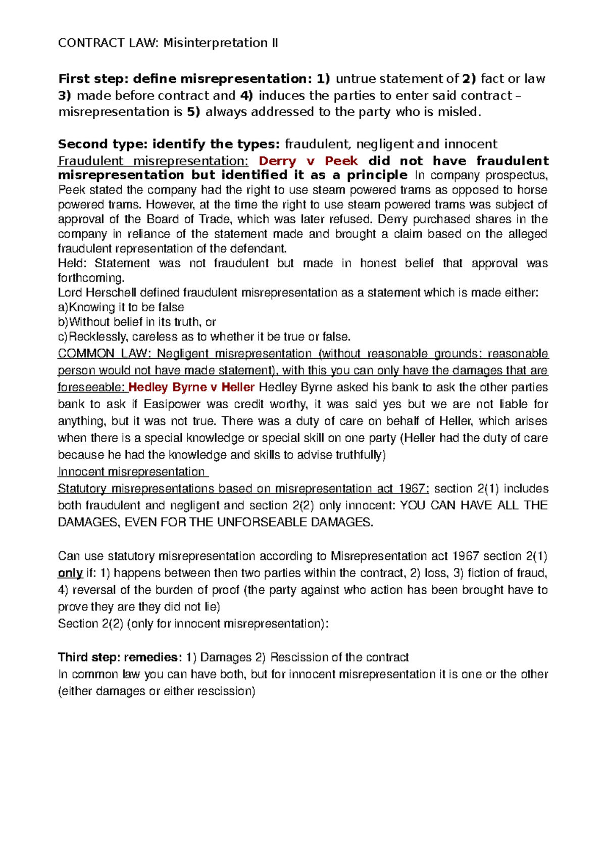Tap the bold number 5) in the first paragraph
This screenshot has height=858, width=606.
coord(193,112)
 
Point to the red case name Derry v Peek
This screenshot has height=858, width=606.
coord(308,161)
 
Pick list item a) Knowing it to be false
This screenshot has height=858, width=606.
coord(121,307)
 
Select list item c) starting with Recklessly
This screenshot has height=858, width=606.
coord(204,337)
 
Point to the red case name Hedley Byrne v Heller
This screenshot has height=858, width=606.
coord(192,388)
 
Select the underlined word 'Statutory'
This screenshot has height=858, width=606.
coord(82,489)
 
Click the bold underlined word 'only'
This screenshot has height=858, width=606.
coord(70,573)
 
